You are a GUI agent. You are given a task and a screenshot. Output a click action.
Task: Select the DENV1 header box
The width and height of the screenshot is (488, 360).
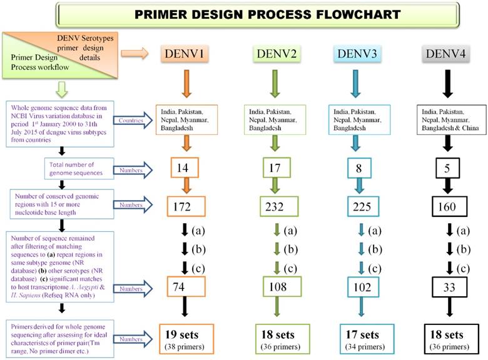(x=186, y=54)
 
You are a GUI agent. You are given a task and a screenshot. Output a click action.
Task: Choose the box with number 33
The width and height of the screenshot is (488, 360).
(x=445, y=290)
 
